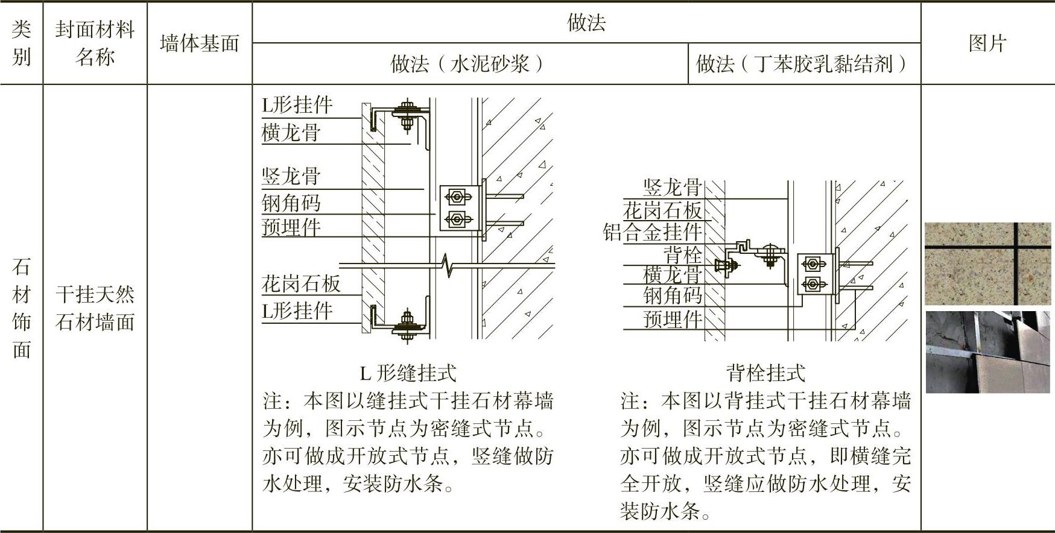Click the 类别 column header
[21, 43]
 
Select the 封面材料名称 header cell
[95, 43]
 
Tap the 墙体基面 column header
[200, 43]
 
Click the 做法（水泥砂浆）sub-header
[469, 63]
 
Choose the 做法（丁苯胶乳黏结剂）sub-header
[804, 63]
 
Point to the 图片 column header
[987, 43]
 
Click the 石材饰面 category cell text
[21, 307]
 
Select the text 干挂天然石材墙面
[95, 308]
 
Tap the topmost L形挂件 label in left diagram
[297, 106]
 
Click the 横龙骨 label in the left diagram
[291, 133]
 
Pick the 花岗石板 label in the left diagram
[301, 283]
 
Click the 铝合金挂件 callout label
[653, 232]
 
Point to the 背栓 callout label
[683, 254]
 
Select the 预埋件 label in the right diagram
[673, 319]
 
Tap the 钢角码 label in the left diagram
[291, 203]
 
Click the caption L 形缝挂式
[408, 373]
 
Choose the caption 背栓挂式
[765, 373]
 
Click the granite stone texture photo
[987, 263]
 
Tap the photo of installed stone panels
[987, 352]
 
